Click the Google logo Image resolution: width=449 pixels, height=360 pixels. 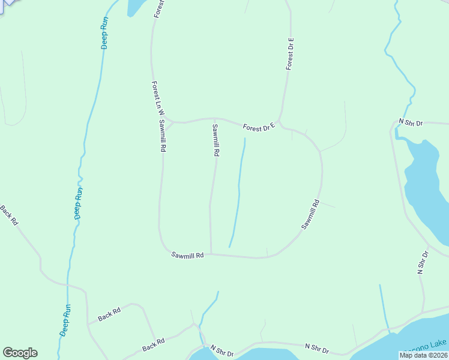[x=20, y=353]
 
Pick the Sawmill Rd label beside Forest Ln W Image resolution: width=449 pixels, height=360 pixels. [x=162, y=136]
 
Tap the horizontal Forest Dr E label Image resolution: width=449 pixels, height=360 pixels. [x=259, y=127]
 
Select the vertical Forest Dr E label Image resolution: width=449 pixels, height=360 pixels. [x=290, y=53]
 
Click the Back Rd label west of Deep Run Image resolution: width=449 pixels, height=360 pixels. [x=10, y=215]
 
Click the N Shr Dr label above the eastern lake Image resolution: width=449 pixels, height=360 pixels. [x=411, y=122]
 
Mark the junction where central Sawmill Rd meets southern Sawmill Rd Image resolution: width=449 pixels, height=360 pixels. [x=211, y=253]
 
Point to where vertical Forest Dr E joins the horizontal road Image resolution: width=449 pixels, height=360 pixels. [x=279, y=121]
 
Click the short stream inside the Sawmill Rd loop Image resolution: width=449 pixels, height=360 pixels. [x=238, y=192]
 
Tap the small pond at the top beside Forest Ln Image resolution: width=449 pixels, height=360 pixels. [x=135, y=6]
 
